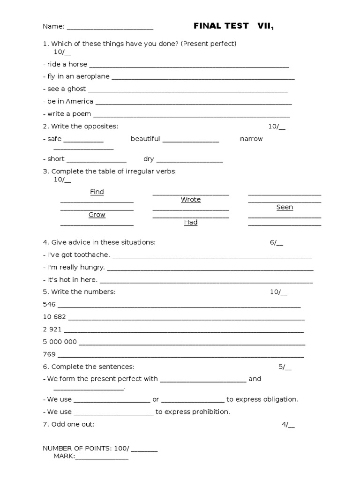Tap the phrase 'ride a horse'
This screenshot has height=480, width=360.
click(65, 64)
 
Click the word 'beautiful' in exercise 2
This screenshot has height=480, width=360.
click(145, 139)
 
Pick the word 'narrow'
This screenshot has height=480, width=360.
click(251, 139)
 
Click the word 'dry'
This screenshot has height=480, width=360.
click(149, 159)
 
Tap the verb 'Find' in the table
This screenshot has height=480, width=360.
click(97, 192)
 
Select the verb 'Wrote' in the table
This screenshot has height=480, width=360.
click(191, 200)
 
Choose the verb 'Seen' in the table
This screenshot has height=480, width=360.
click(285, 207)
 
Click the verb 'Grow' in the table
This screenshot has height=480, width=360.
click(97, 215)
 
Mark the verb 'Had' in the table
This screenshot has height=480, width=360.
click(191, 222)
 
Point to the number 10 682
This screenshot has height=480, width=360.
click(54, 317)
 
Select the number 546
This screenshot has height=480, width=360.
click(49, 304)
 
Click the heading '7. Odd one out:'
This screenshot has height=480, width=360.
click(68, 424)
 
